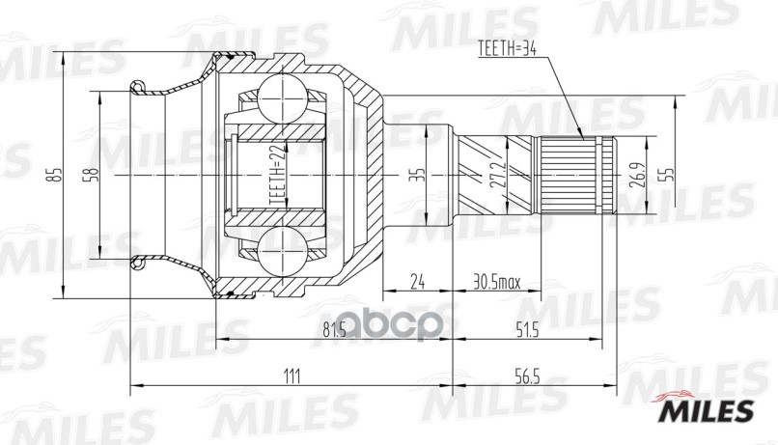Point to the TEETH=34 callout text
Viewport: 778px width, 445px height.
508,48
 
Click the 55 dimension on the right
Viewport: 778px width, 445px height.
667,175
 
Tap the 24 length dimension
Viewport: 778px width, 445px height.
417,282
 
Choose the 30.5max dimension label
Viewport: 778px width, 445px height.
496,282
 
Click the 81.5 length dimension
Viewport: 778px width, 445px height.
335,331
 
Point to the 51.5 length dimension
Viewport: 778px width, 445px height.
526,331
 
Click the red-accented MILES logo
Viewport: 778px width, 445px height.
706,408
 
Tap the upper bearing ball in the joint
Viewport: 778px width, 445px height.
281,98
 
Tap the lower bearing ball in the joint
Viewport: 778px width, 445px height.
281,251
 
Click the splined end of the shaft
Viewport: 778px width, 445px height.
575,176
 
